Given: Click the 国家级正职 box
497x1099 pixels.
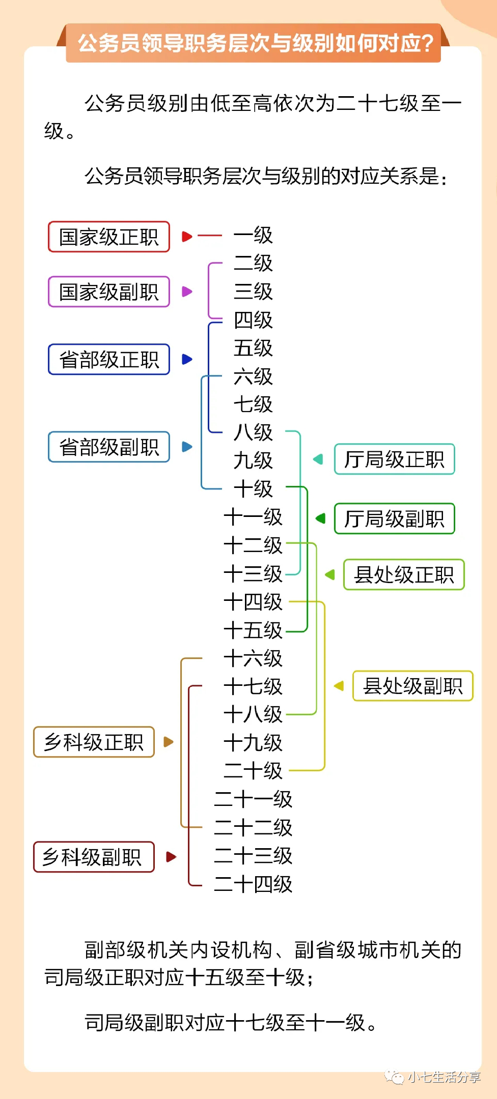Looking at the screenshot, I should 108,237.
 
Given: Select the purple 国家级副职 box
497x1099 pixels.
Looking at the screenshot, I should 108,292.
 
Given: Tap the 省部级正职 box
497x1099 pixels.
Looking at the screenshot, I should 108,359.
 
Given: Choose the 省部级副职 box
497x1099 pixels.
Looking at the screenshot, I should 108,447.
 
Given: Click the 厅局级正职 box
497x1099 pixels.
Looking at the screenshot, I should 394,459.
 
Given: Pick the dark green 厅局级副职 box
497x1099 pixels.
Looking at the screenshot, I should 394,518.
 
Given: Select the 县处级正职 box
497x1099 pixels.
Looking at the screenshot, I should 404,574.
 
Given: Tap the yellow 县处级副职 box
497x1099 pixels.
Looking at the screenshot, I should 412,686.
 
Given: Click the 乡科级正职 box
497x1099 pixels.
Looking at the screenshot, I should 94,742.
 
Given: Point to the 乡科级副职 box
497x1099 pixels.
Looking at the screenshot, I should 94,857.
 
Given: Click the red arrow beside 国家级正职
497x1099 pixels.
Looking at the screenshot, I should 187,236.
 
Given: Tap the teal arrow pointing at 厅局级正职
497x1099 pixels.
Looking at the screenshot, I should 318,459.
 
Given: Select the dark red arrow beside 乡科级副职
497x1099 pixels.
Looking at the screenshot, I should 171,857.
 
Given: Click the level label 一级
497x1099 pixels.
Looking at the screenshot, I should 253,235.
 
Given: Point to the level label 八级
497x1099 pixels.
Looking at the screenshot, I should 253,432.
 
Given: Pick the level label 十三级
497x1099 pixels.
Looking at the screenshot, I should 253,574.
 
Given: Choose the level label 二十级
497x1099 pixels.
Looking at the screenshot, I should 253,770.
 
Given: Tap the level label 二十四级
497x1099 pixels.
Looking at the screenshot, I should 253,884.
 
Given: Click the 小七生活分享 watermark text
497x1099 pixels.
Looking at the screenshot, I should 444,1077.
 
